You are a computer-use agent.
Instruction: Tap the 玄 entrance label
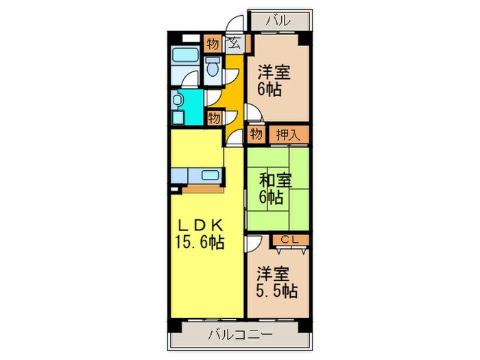click(233, 44)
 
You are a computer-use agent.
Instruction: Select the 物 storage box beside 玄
click(213, 44)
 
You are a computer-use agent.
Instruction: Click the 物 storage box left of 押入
click(256, 134)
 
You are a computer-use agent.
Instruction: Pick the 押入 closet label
click(288, 134)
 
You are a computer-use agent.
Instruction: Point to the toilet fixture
click(213, 68)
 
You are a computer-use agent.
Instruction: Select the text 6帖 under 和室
click(272, 198)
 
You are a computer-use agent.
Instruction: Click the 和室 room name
click(276, 181)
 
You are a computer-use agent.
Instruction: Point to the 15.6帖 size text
click(198, 241)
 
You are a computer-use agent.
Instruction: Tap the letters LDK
click(198, 225)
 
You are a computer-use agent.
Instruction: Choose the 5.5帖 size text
click(278, 291)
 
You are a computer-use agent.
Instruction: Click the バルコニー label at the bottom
click(239, 335)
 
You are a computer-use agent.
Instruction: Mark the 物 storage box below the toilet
click(214, 118)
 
